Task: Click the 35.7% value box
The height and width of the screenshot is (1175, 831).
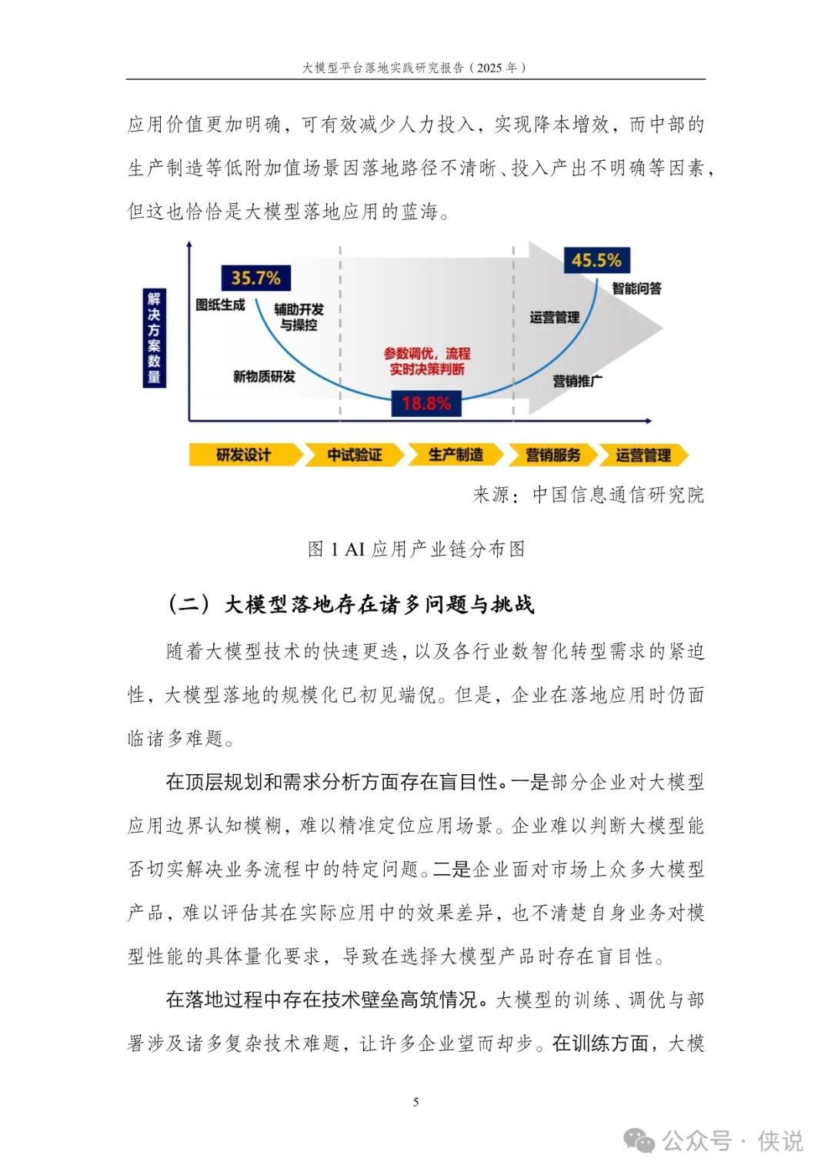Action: (x=256, y=278)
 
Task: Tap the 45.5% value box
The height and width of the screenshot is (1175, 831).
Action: (x=596, y=260)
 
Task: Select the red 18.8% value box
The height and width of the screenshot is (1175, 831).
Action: (x=426, y=403)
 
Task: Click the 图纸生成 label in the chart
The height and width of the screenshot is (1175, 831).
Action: (x=220, y=305)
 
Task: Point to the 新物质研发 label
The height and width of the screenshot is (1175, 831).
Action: (x=265, y=376)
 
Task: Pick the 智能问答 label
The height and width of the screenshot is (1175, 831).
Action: (x=637, y=288)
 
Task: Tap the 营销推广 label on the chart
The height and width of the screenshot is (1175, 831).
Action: (x=578, y=382)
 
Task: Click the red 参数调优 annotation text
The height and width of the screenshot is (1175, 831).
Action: (x=427, y=362)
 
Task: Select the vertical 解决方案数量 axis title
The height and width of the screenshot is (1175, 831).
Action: (x=154, y=338)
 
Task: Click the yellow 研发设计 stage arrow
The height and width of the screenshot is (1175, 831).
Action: (x=245, y=455)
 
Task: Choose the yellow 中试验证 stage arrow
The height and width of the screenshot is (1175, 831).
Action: (x=355, y=455)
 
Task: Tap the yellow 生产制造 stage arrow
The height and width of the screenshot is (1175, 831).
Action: (x=456, y=455)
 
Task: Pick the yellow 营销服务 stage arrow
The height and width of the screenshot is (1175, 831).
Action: (x=553, y=455)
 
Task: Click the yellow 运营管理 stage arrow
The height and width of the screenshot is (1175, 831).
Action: (x=643, y=455)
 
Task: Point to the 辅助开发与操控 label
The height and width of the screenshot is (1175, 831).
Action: (x=299, y=317)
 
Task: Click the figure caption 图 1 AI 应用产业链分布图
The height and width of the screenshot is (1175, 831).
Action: (x=416, y=549)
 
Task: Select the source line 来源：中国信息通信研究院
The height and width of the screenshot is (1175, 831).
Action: (x=588, y=494)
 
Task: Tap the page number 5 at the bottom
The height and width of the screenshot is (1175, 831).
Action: (x=416, y=1102)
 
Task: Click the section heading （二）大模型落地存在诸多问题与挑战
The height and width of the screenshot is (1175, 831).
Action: (x=351, y=604)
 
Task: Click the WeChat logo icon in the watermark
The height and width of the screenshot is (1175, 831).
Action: (x=639, y=1140)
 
